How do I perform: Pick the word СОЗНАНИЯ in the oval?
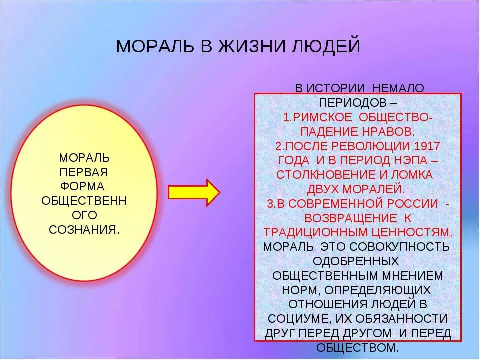click(84, 229)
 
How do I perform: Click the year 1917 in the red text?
click(427, 146)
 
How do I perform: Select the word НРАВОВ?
click(388, 132)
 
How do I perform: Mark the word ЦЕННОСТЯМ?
click(410, 232)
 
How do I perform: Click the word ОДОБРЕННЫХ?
click(356, 261)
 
